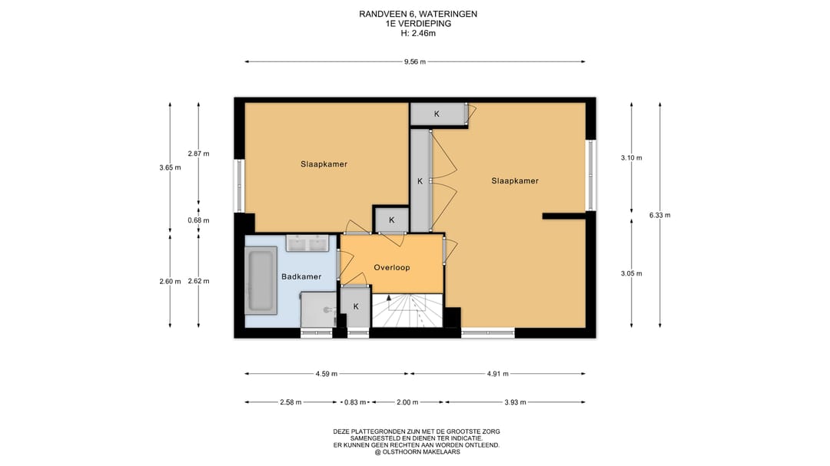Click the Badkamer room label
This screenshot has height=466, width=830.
(301, 276)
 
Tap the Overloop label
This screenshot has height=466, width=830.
(392, 268)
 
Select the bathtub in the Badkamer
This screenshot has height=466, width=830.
(261, 281)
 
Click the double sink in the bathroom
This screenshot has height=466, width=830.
(307, 243)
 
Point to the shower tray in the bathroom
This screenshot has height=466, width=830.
(319, 310)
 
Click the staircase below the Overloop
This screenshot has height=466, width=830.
(407, 310)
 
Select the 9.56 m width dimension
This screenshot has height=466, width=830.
(415, 62)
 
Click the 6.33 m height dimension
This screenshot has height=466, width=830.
(660, 215)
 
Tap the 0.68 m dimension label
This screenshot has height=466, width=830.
(198, 220)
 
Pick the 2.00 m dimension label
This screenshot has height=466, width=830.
(407, 402)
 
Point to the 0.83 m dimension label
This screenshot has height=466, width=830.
(355, 402)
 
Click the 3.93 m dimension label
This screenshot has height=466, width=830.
(515, 402)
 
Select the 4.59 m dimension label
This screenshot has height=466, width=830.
(327, 374)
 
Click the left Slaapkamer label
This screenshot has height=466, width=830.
(324, 164)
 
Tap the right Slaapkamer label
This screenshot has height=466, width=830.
(515, 181)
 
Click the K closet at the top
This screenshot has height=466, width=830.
(437, 114)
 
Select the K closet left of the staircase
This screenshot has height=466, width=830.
(356, 307)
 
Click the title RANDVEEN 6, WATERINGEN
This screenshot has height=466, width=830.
(418, 15)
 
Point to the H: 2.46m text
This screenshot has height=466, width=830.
(418, 33)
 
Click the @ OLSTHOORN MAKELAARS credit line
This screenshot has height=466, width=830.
(417, 452)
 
